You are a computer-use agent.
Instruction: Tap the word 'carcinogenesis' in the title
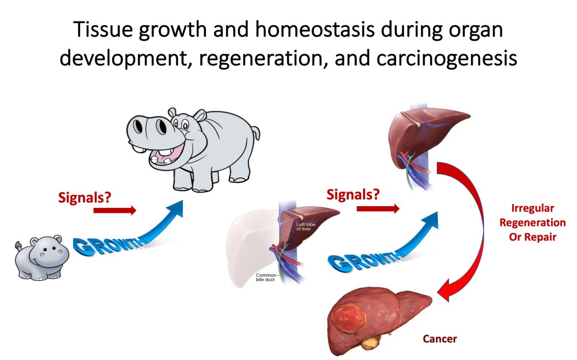(x=447, y=58)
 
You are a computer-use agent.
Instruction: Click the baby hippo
(x=42, y=258)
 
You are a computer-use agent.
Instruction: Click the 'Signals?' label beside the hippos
(x=85, y=198)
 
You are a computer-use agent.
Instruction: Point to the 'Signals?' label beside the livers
(x=353, y=194)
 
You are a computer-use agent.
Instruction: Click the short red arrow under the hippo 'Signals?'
(x=115, y=211)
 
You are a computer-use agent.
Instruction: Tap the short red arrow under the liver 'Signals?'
(x=378, y=208)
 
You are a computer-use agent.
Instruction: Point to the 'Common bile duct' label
(x=266, y=277)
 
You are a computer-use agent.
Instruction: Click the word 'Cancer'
(x=440, y=339)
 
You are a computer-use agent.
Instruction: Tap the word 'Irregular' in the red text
(x=532, y=208)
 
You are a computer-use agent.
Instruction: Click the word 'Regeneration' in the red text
(x=532, y=223)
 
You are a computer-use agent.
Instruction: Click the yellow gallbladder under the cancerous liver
(x=371, y=343)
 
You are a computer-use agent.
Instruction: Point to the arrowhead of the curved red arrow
(x=447, y=290)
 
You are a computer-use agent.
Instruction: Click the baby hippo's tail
(x=18, y=246)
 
